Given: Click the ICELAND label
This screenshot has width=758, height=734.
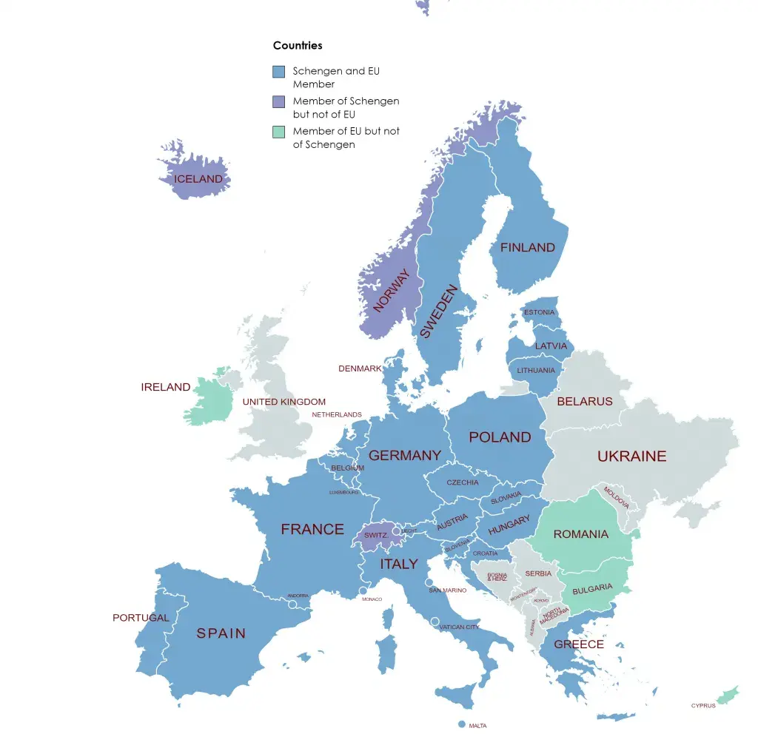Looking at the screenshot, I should [198, 179].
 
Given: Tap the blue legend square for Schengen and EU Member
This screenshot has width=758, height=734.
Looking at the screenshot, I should [278, 72].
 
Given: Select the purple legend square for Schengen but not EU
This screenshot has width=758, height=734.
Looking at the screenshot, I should [278, 101].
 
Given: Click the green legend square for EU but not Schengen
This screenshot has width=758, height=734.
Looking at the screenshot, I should [278, 132].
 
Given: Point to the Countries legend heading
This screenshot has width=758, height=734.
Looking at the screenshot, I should [298, 45].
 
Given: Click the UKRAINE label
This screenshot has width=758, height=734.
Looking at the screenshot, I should [631, 457].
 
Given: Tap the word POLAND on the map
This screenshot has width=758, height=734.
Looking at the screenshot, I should [500, 437].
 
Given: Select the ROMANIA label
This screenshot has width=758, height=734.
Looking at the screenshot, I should [580, 534].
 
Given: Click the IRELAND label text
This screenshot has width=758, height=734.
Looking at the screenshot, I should [165, 387].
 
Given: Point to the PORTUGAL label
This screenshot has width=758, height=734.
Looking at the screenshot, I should [141, 617].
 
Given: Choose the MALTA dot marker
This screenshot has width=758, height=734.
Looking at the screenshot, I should [462, 724].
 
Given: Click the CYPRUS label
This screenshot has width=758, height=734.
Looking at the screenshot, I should [702, 706].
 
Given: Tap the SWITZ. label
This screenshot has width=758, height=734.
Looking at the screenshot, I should [375, 535].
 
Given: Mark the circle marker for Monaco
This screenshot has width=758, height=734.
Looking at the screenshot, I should [363, 590].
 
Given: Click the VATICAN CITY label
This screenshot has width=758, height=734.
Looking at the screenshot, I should [459, 627].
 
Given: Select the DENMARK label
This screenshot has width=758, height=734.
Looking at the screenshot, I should [360, 368].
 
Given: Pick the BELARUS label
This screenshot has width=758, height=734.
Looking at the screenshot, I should [584, 402].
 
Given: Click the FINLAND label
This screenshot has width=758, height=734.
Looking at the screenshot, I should [527, 248].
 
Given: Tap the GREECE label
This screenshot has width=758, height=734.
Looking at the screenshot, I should [579, 644].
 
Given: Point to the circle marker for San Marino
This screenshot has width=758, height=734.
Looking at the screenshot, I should [429, 582].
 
